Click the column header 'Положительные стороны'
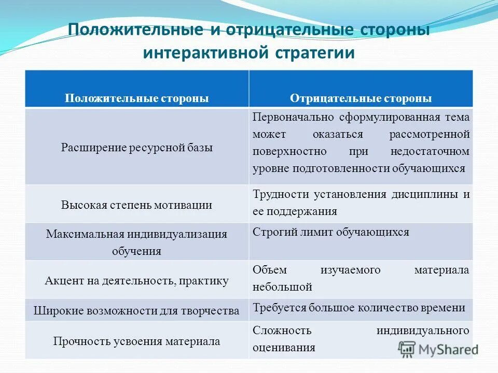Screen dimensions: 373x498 (x=136, y=98)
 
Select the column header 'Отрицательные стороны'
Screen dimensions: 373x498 (x=361, y=98)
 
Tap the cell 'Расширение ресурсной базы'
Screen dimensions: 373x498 (x=136, y=147)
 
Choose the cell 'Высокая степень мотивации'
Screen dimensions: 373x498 (x=136, y=204)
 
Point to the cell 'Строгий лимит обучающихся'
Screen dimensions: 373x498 (x=331, y=232)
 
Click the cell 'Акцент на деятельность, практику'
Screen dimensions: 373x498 (x=136, y=281)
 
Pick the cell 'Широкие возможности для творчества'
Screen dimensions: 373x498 (x=136, y=311)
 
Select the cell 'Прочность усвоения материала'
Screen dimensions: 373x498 (x=136, y=341)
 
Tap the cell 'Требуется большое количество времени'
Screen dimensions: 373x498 (x=359, y=308)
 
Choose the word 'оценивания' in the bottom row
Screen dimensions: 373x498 (x=284, y=348)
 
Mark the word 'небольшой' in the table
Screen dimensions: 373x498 (x=282, y=286)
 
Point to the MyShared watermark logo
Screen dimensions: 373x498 (x=439, y=349)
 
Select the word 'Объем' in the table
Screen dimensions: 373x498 (x=270, y=270)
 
